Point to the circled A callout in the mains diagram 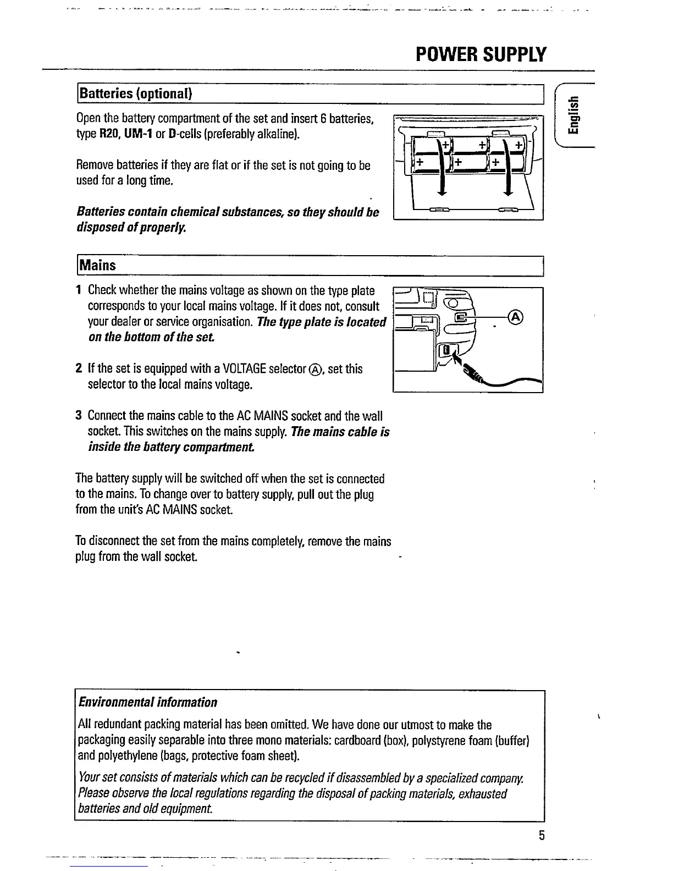516,317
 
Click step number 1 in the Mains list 79,290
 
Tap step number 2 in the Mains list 79,368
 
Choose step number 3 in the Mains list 79,416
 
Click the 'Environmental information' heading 147,702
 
